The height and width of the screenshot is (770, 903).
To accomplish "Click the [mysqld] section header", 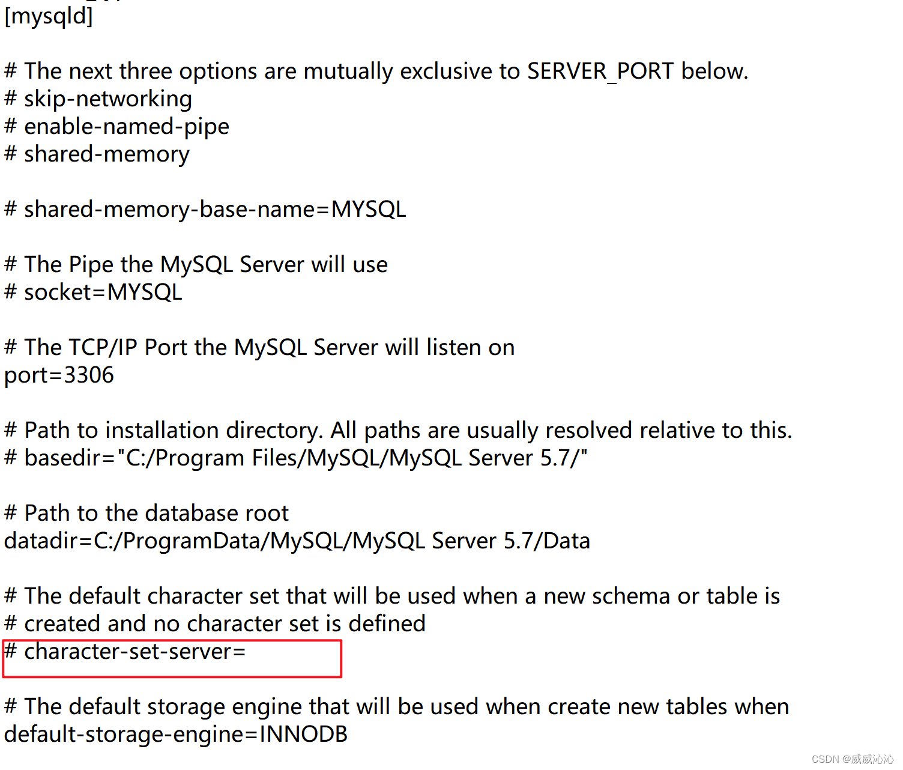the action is (x=49, y=17).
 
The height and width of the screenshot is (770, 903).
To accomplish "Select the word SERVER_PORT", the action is (x=600, y=71).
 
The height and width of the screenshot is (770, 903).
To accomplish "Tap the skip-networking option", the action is (x=108, y=99).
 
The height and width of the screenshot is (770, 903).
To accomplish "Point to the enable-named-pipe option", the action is (x=127, y=127).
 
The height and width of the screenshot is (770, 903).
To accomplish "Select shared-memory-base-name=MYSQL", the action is (x=215, y=210).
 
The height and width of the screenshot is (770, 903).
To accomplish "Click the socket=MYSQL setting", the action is (x=103, y=292).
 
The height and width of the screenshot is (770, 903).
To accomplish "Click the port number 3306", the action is (x=89, y=375).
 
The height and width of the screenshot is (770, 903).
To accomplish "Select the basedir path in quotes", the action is (x=352, y=458).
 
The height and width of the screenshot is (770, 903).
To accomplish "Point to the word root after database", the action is (x=267, y=513).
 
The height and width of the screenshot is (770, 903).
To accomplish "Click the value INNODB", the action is (x=304, y=734).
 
